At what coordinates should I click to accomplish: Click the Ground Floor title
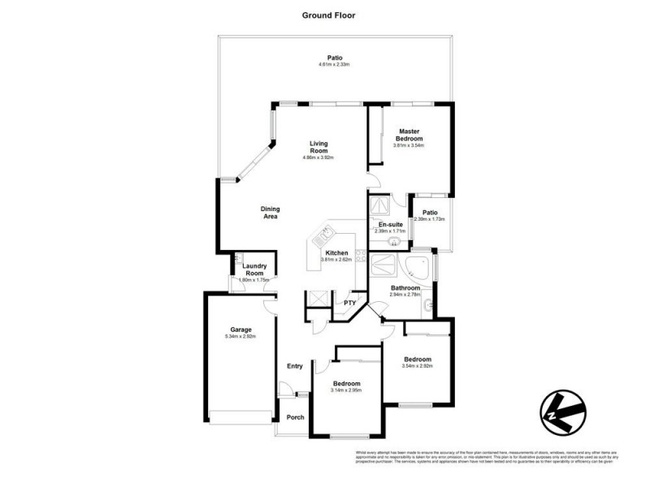(x=329, y=15)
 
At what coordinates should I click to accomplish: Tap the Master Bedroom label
(x=409, y=135)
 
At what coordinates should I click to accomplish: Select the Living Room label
(x=318, y=148)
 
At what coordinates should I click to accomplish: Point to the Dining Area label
(x=270, y=213)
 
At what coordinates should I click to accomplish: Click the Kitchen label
(x=337, y=252)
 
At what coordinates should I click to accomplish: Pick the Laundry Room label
(x=256, y=269)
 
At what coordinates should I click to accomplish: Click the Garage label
(x=240, y=330)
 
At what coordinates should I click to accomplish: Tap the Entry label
(x=295, y=366)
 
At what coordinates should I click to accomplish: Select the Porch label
(x=295, y=417)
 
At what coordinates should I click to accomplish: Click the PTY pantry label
(x=350, y=303)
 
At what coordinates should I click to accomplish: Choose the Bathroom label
(x=405, y=288)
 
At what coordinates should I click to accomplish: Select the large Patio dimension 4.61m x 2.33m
(x=334, y=63)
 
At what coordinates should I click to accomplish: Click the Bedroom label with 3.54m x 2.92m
(x=418, y=359)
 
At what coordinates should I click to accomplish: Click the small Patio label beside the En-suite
(x=430, y=213)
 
